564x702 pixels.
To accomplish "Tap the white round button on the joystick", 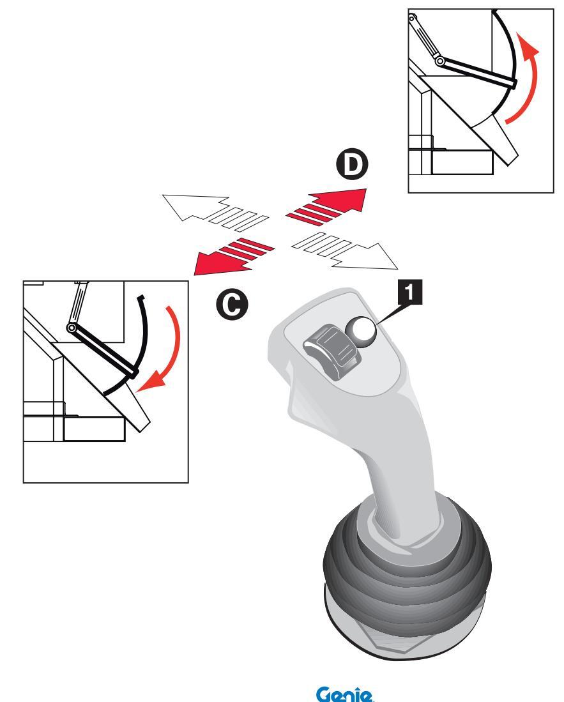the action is point(362,330).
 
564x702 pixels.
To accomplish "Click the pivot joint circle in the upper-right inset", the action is point(441,61).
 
